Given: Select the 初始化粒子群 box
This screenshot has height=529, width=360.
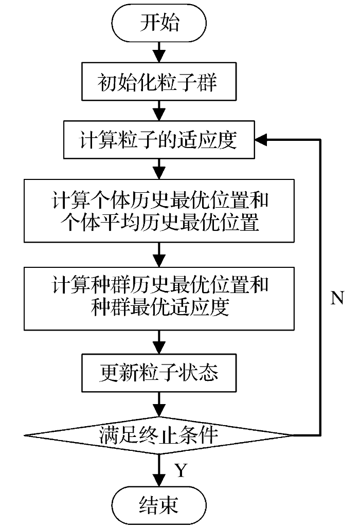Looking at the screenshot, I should tap(159, 82).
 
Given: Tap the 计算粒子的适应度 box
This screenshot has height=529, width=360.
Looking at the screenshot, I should tap(159, 140).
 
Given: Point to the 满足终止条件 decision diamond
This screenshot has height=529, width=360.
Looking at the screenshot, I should tap(159, 436).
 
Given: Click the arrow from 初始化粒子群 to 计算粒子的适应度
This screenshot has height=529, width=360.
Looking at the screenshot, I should tap(159, 110).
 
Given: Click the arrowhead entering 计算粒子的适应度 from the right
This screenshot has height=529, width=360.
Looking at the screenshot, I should tap(262, 139).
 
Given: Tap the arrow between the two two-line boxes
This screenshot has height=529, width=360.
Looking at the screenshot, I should tap(159, 253).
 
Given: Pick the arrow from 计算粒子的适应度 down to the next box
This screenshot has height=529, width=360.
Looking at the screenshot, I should tap(159, 168).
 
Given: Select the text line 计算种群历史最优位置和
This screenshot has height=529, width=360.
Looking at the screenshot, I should tap(159, 286).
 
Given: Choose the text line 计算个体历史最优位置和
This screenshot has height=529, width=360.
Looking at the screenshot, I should tap(159, 199).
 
